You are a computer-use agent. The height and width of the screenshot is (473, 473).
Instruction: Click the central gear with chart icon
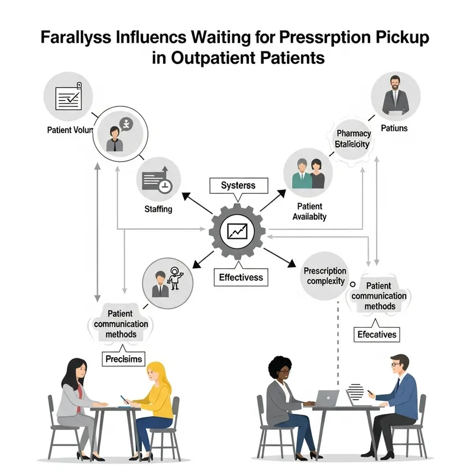tap(237, 231)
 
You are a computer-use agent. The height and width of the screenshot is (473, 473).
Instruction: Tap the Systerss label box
tap(238, 186)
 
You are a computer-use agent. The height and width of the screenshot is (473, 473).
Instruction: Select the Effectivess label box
tap(240, 277)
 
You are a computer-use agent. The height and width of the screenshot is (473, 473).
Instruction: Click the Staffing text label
tap(158, 209)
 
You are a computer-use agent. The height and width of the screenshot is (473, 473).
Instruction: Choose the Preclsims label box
tap(124, 358)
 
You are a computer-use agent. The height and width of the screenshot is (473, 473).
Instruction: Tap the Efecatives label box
tap(377, 335)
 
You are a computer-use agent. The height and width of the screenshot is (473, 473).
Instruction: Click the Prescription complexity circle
tap(325, 276)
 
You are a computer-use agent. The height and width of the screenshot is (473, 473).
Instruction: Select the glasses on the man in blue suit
tap(396, 365)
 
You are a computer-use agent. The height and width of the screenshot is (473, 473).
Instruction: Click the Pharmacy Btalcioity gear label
tap(352, 140)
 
